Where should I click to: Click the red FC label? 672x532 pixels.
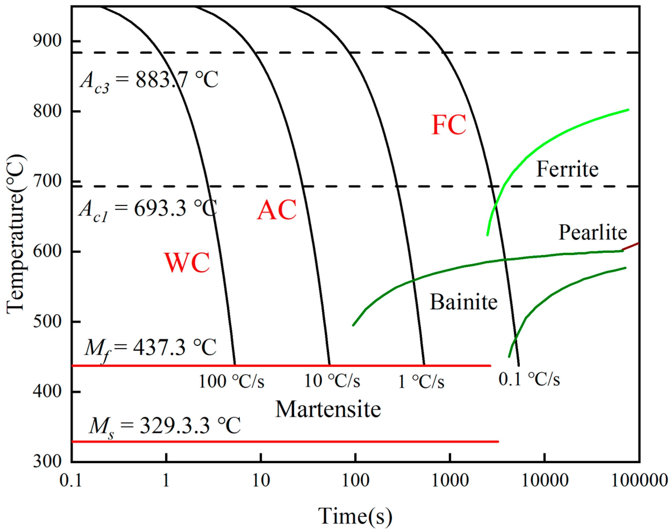tap(449, 125)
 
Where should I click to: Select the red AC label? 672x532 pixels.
tap(276, 210)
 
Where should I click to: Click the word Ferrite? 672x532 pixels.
tap(567, 170)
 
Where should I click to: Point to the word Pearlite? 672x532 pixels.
tap(592, 233)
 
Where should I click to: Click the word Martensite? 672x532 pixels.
tap(328, 409)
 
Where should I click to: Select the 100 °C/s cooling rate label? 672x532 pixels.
tap(231, 381)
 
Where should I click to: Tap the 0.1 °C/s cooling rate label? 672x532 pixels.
tap(529, 379)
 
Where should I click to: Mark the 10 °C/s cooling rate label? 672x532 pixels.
tap(332, 381)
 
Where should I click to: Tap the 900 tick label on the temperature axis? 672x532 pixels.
tap(47, 41)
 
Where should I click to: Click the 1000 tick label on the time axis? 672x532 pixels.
tap(450, 481)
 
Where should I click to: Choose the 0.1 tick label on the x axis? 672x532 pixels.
tap(71, 481)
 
